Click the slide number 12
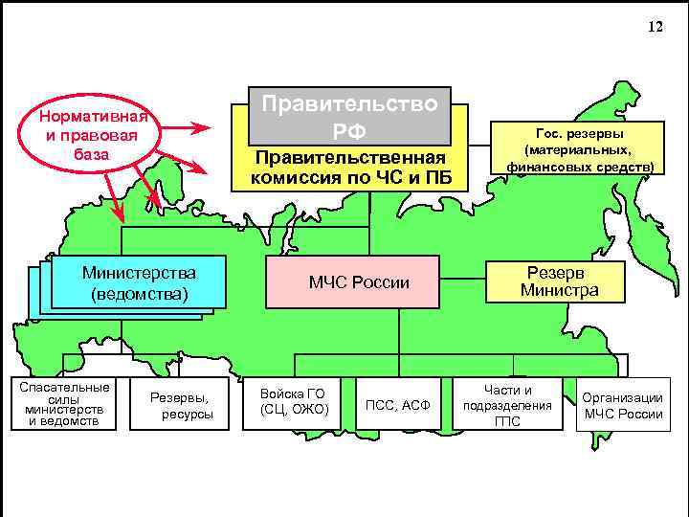tap(655, 27)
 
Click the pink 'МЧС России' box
tap(358, 282)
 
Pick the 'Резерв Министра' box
tap(560, 281)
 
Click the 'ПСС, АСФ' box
tap(398, 406)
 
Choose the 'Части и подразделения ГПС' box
tap(507, 405)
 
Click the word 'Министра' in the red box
tap(560, 289)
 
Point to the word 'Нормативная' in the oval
tap(92, 118)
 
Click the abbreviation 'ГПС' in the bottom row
tap(507, 421)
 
